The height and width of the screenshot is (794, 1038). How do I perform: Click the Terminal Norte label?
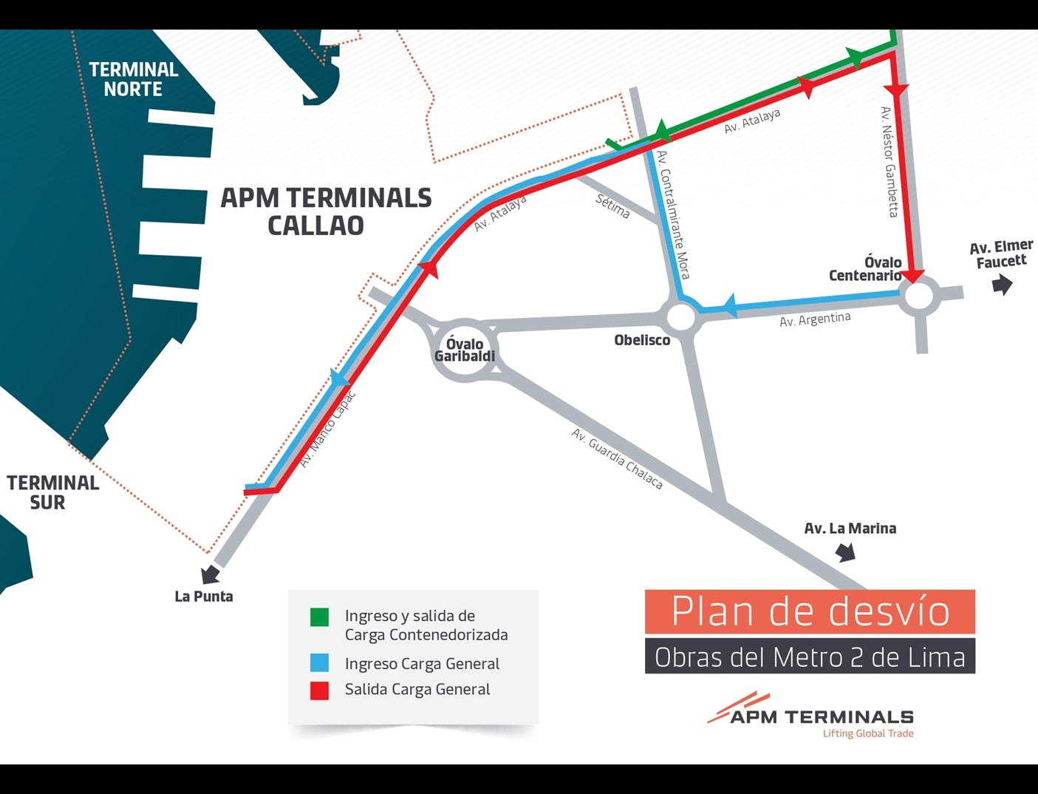point(133,79)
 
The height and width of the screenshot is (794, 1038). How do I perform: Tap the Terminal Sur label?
point(52,492)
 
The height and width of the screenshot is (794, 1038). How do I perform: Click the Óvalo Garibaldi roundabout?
point(465,350)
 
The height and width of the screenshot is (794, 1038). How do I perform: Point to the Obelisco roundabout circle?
point(680,317)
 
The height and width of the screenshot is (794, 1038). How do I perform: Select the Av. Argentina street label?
point(815,319)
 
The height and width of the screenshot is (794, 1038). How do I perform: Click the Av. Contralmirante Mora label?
point(673,214)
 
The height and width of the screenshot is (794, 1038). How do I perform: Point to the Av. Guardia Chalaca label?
point(617,459)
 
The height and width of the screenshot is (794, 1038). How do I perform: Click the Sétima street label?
point(612,206)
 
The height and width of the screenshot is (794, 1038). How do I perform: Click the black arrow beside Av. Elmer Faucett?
point(1002,284)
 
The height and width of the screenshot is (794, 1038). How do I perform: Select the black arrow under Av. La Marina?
point(845,552)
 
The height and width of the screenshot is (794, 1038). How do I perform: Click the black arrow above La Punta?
point(211,574)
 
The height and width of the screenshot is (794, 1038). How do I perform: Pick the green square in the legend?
point(319,617)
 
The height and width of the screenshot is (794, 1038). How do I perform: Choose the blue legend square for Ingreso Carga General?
point(319,662)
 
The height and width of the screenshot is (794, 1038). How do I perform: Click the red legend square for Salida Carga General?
point(319,690)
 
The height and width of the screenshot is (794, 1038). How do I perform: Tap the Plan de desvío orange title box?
point(810,611)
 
